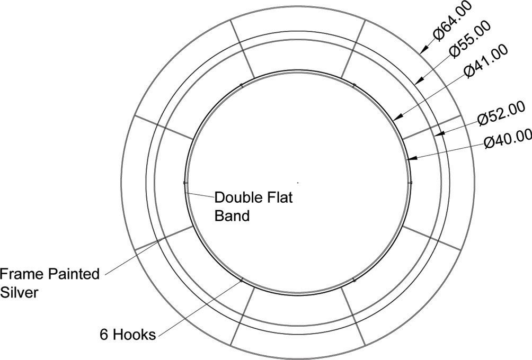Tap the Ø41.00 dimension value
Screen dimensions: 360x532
click(x=485, y=60)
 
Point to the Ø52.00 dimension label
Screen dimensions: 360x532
click(x=501, y=114)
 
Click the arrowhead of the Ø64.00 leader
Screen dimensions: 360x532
click(x=422, y=51)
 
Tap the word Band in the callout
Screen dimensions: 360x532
click(x=232, y=216)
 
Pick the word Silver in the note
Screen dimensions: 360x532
click(x=19, y=292)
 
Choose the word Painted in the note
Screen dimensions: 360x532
click(x=74, y=274)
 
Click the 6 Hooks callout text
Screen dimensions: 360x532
click(x=128, y=335)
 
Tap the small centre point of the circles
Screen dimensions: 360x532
click(x=298, y=182)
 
